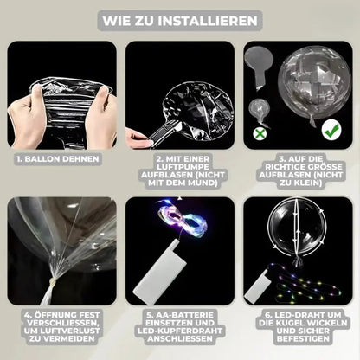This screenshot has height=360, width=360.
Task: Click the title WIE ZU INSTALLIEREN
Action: pyautogui.click(x=180, y=21)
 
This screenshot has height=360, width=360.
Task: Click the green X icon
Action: pyautogui.click(x=260, y=133)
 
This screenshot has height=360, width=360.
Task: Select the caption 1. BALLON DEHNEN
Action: pyautogui.click(x=58, y=159)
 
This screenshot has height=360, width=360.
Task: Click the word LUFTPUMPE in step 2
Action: pyautogui.click(x=183, y=167)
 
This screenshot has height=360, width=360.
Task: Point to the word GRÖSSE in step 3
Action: pyautogui.click(x=323, y=167)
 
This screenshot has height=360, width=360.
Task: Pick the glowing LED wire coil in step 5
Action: pyautogui.click(x=183, y=216)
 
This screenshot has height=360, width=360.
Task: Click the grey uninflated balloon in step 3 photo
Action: pyautogui.click(x=258, y=67)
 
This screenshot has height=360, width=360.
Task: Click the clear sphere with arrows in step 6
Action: pyautogui.click(x=297, y=228)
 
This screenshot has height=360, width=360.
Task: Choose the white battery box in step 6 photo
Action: pyautogui.click(x=257, y=287)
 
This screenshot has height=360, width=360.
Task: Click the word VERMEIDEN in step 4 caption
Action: pyautogui.click(x=66, y=338)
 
